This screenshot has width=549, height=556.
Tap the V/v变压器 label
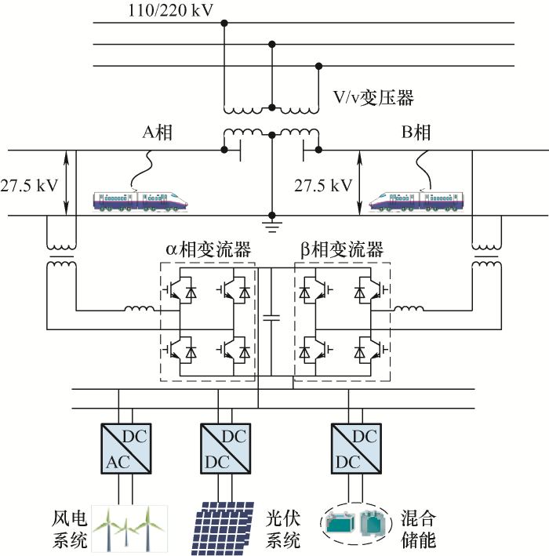(373, 98)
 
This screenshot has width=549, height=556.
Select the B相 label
(416, 133)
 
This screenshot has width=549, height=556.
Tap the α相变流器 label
(208, 250)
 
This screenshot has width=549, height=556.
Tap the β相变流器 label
(342, 250)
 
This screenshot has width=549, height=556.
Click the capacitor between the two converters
(271, 318)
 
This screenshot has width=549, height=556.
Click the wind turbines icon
(126, 527)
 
